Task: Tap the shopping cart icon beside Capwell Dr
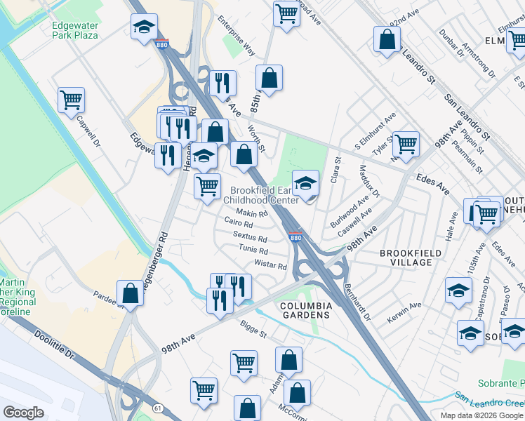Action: (71, 100)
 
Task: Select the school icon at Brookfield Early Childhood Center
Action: (305, 184)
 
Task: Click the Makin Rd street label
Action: (252, 213)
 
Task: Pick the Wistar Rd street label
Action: (270, 266)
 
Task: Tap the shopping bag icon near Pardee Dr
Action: (130, 292)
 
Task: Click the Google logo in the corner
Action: (23, 413)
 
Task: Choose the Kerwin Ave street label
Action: (404, 314)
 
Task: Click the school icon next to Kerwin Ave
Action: (458, 290)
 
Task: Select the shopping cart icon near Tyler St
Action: (406, 144)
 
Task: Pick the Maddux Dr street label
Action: (369, 182)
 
